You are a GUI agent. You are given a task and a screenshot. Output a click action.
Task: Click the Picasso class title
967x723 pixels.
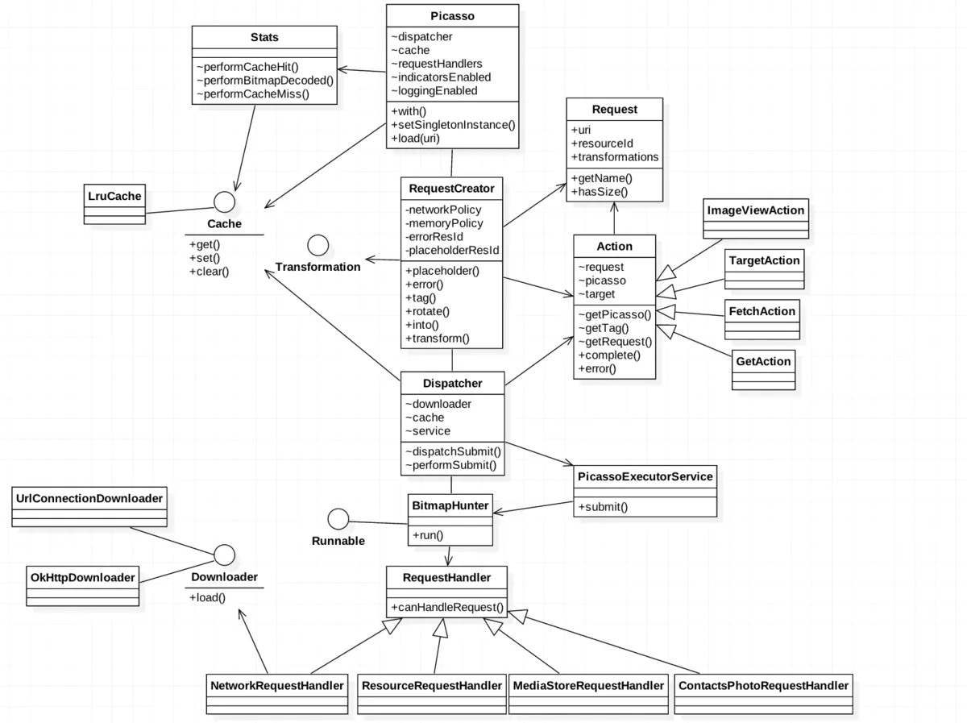point(452,16)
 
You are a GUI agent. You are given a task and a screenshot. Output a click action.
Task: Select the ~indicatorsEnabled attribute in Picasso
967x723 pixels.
point(441,77)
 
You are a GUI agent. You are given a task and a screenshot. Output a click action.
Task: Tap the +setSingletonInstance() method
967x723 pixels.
point(453,125)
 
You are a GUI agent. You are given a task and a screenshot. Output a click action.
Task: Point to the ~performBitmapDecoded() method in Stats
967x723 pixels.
point(265,81)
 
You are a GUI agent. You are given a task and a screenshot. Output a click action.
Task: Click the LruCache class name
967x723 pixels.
point(114,196)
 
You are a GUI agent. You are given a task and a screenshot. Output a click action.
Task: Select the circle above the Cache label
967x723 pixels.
point(224,202)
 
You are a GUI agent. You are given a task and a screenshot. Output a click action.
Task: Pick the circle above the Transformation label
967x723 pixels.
point(318,245)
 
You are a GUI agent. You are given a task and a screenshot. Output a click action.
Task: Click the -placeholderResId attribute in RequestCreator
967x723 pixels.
point(452,250)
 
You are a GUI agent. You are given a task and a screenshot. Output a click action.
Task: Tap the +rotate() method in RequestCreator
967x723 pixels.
point(427,311)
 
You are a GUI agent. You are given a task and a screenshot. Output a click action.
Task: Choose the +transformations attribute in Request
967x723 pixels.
point(615,157)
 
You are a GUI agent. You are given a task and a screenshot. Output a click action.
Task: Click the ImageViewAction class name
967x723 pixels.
point(756,210)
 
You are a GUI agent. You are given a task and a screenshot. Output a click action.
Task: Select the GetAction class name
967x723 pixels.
point(763,361)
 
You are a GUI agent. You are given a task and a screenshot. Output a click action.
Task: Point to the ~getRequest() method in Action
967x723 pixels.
point(615,342)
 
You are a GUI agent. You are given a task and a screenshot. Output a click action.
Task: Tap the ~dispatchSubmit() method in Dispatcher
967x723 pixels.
point(454,451)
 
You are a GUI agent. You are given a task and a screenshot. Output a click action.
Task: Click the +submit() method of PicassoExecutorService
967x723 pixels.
point(603,507)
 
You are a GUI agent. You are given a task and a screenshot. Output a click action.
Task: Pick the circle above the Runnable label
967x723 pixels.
point(338,519)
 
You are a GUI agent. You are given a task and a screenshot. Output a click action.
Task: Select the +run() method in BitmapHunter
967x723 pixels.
point(428,535)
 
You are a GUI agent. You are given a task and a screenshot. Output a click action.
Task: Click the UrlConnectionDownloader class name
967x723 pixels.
point(89,498)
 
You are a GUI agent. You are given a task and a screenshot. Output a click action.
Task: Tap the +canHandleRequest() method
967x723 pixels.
point(447,608)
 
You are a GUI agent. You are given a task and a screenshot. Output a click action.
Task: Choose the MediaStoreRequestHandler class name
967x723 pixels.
point(588,686)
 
